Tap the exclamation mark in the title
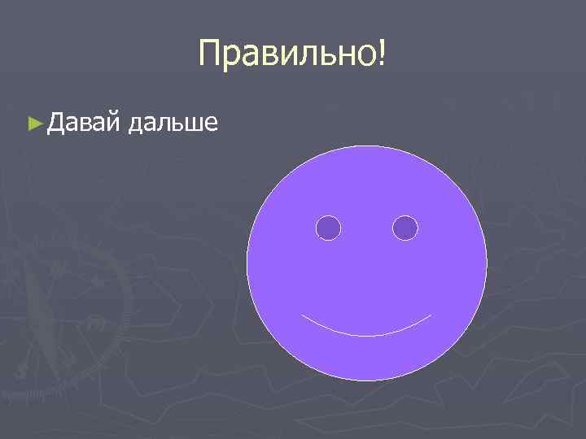382,54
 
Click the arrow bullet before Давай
33,124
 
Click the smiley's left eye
328,228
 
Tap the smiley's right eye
405,228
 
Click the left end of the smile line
302,315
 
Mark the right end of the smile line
431,315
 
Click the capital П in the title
210,54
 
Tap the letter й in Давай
113,124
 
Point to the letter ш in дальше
192,124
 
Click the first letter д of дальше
137,124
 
